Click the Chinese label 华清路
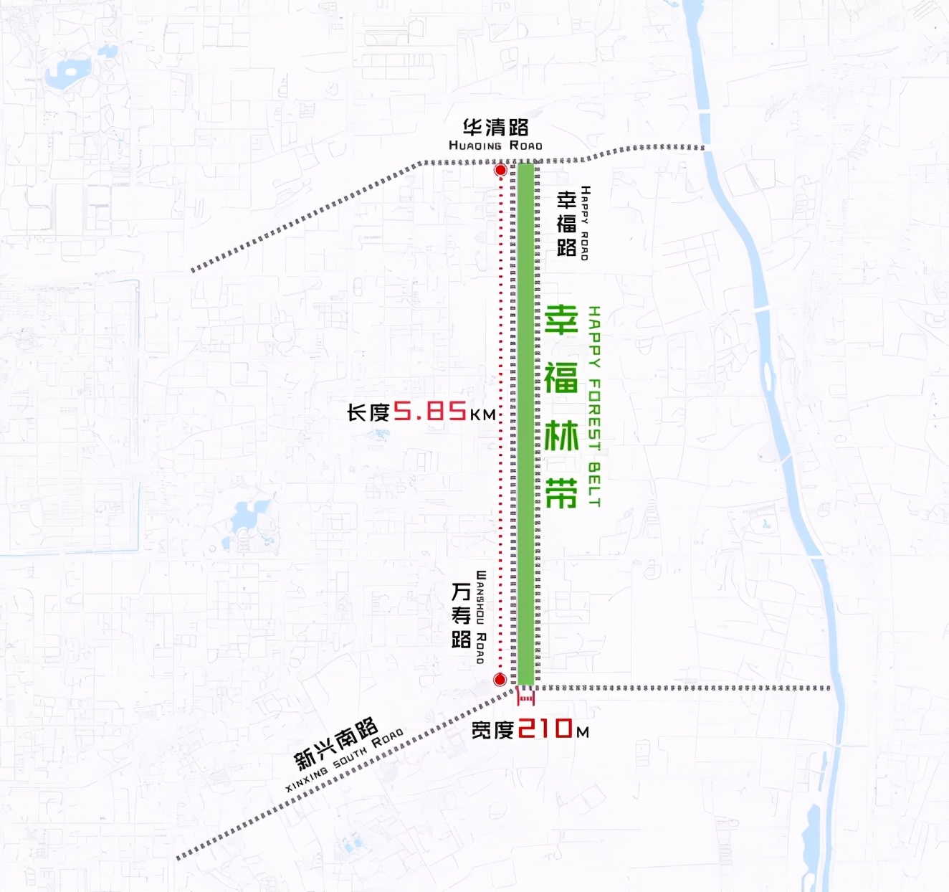click(495, 128)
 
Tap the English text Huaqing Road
click(495, 146)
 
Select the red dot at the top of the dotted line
click(500, 170)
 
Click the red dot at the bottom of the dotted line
click(500, 679)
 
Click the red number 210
click(545, 729)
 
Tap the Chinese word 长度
click(368, 413)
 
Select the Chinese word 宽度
click(492, 731)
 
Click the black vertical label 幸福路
click(566, 223)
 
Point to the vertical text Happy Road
click(585, 223)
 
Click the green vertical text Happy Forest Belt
click(594, 407)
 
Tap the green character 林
click(561, 436)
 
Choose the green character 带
click(561, 493)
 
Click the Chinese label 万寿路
click(461, 615)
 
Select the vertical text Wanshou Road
click(480, 617)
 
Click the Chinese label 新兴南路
click(335, 743)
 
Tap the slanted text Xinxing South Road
click(345, 760)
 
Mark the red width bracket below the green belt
click(526, 696)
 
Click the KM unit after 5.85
click(483, 414)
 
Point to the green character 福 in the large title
click(561, 377)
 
